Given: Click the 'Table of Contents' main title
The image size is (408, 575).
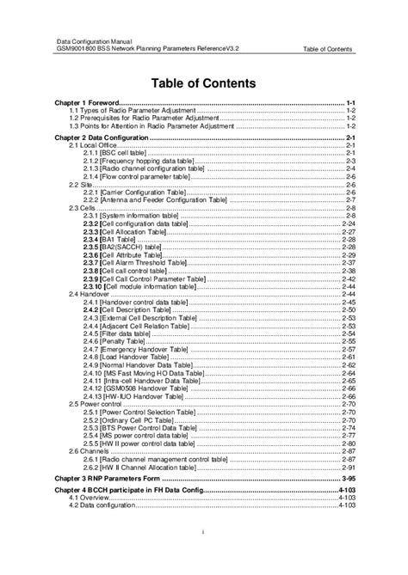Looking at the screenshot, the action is (x=203, y=83).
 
